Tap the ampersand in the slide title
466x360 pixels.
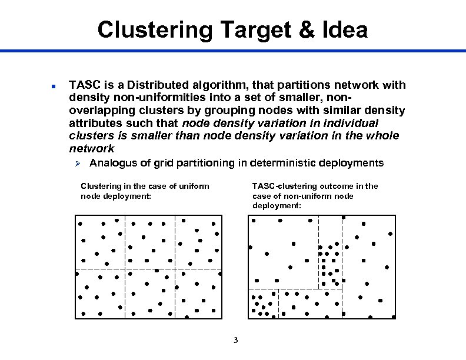tap(307, 29)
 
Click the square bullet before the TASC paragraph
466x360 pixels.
tap(52, 86)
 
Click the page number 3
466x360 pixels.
tap(235, 340)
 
